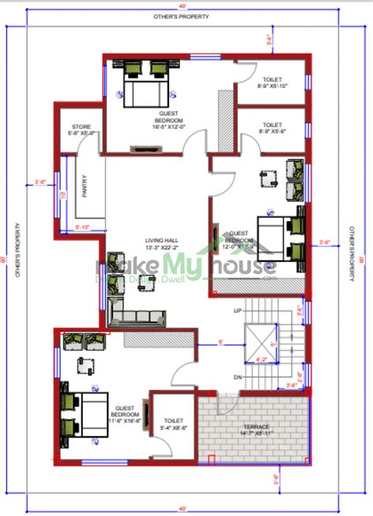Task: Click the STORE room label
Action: [x=82, y=127]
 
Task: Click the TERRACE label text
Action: [x=255, y=426]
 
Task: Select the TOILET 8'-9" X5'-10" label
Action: [x=271, y=83]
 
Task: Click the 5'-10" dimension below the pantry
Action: [x=82, y=227]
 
